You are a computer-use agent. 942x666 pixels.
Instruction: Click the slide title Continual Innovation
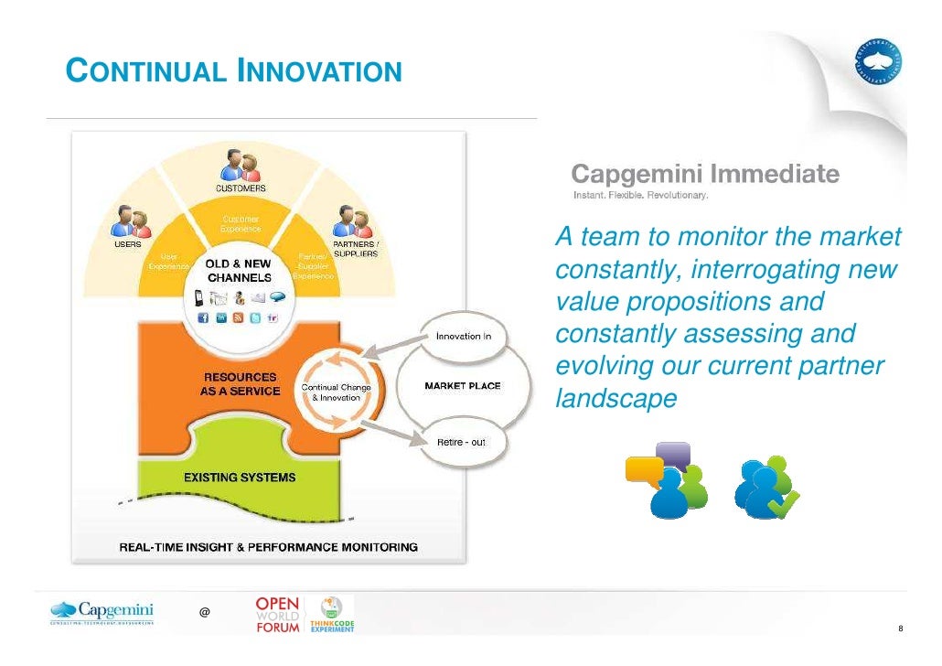235,70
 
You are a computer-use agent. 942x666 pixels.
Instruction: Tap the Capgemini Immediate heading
705,172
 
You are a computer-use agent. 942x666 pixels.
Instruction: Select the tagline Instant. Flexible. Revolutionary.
640,194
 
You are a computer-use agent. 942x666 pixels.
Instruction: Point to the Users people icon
127,222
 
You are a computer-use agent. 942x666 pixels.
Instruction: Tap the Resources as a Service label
241,384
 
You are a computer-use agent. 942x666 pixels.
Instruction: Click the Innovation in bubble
464,337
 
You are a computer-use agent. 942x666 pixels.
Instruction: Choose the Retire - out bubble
461,442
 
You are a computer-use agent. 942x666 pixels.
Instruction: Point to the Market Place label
462,386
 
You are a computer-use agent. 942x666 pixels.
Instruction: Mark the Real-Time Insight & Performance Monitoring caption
269,547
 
